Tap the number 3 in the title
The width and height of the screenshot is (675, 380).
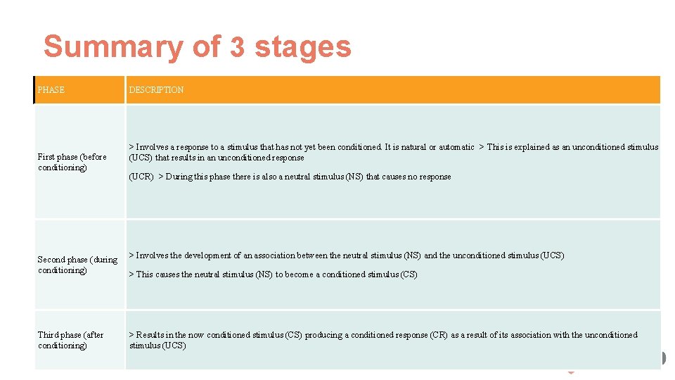click(x=238, y=47)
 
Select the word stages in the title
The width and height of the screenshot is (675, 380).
click(x=302, y=47)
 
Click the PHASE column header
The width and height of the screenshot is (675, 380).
click(x=51, y=90)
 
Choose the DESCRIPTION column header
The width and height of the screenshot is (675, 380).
click(x=156, y=90)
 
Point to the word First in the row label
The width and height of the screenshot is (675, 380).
click(x=46, y=157)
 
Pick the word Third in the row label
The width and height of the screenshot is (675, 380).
click(x=49, y=335)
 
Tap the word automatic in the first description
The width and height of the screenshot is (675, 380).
click(x=456, y=147)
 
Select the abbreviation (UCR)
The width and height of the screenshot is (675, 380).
click(x=141, y=177)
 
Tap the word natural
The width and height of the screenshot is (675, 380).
click(x=412, y=147)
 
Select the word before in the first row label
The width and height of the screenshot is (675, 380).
click(x=94, y=157)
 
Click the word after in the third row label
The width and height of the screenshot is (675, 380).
click(x=94, y=335)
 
